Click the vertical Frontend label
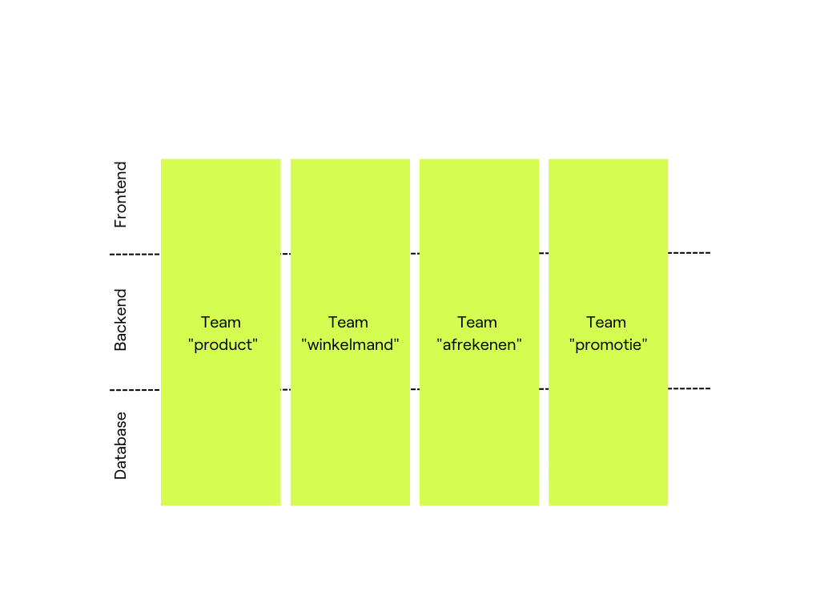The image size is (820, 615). (x=120, y=195)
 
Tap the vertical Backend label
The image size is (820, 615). (x=120, y=320)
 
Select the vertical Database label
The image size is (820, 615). (x=120, y=445)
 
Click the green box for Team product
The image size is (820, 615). (x=221, y=332)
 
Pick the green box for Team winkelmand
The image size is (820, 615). (x=351, y=332)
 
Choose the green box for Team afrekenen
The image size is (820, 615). (x=479, y=332)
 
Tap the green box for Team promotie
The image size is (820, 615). (x=609, y=332)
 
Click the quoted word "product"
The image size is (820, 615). (x=223, y=345)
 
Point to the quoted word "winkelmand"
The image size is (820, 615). (x=351, y=344)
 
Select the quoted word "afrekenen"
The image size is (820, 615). (x=479, y=344)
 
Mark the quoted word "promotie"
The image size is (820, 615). (x=609, y=345)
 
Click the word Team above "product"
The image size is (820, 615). (x=221, y=322)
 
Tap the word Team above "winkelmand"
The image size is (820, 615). (x=348, y=322)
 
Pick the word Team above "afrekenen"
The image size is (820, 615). (x=477, y=322)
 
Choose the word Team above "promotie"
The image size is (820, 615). (x=606, y=322)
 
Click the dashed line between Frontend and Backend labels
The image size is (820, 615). (x=135, y=255)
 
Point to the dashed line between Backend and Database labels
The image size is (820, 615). (x=135, y=390)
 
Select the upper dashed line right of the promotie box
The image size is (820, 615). (x=689, y=253)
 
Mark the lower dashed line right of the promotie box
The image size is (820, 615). (x=689, y=388)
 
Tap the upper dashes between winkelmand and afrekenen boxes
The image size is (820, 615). (x=415, y=254)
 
